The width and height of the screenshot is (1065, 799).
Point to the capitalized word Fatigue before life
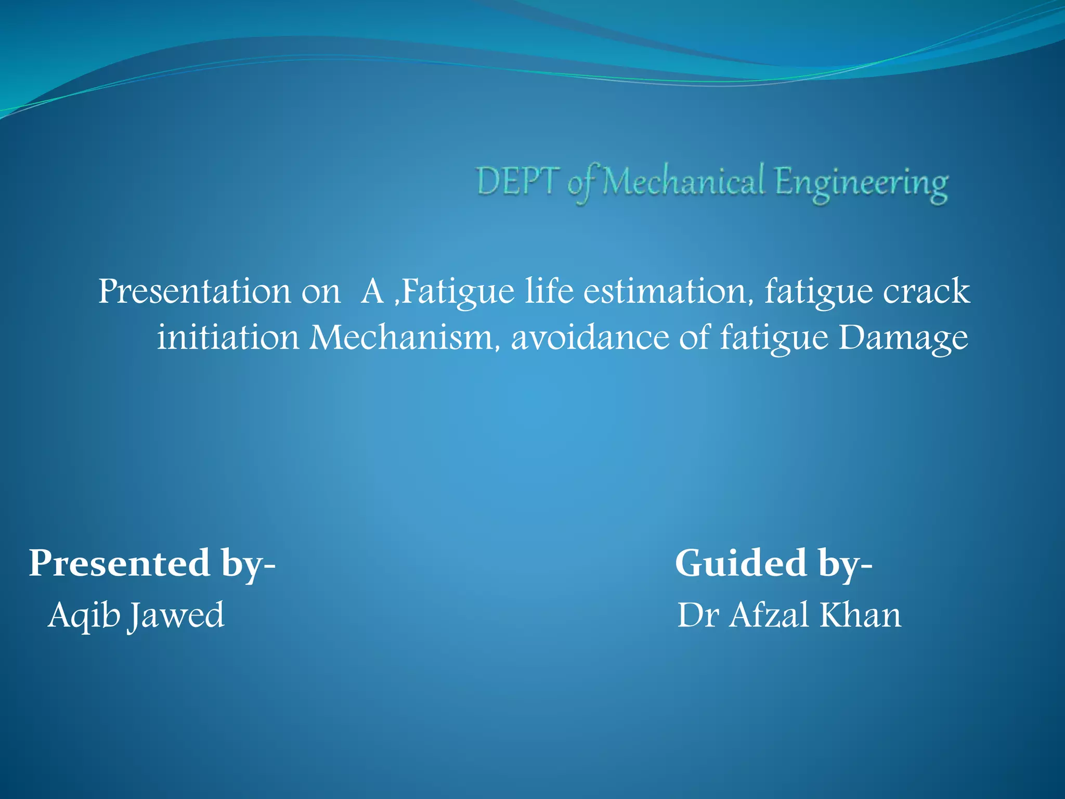[458, 292]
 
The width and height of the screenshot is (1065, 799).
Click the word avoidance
[590, 338]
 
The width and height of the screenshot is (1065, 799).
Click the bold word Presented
[119, 563]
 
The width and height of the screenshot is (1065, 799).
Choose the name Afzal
[769, 615]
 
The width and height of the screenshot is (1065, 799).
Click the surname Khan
[860, 615]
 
